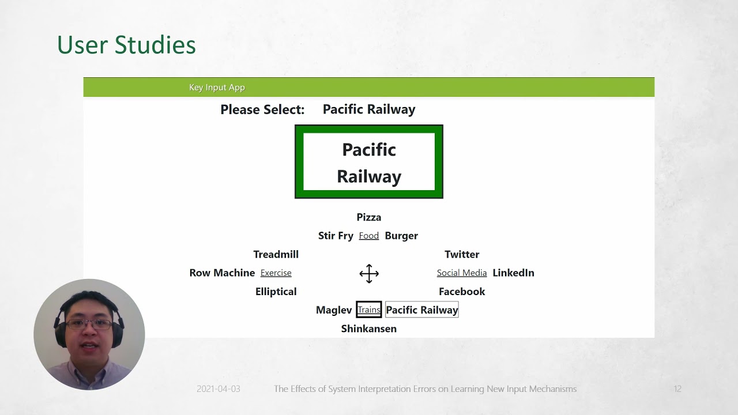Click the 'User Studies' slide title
(126, 44)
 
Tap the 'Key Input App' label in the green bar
(217, 87)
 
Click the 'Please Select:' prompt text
(262, 110)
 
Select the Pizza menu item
(368, 217)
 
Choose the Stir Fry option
(336, 236)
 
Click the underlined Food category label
(368, 236)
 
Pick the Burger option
(401, 236)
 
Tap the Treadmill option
(276, 254)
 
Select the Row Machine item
(222, 273)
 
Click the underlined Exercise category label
(276, 273)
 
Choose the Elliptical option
(276, 292)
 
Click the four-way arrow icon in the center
(369, 273)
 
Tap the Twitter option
(462, 254)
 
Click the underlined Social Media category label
(462, 273)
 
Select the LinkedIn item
(513, 273)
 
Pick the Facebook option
(462, 292)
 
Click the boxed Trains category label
(369, 310)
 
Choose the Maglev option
(334, 310)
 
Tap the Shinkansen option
(368, 329)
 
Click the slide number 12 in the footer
(677, 389)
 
